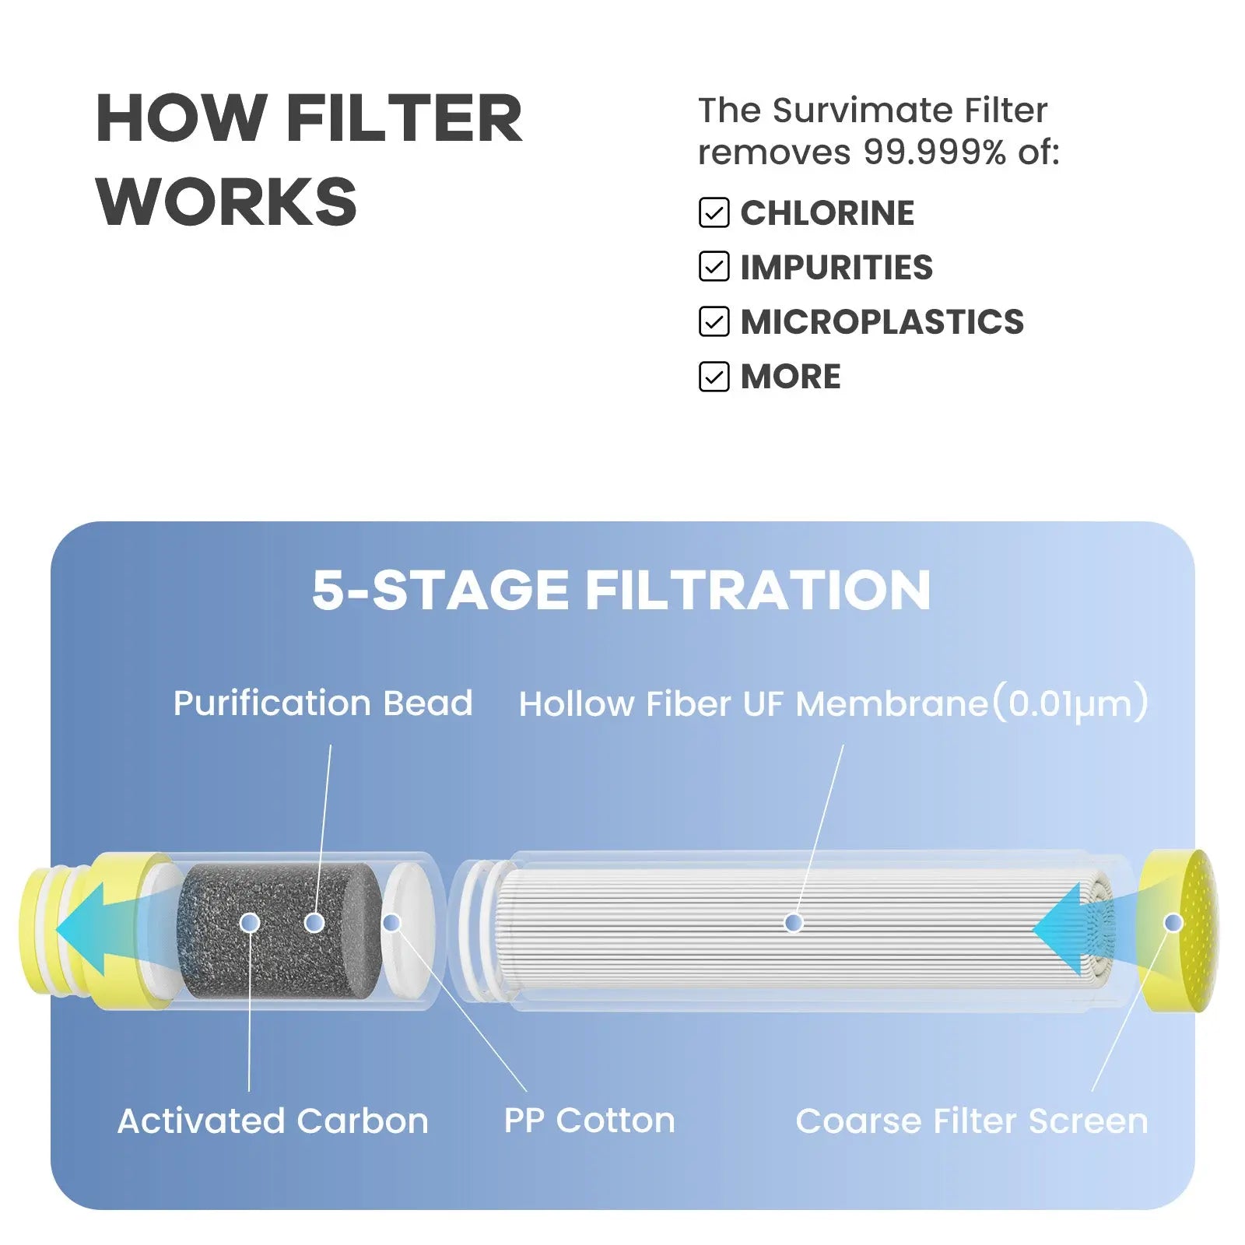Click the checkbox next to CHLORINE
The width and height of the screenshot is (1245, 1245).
point(714,212)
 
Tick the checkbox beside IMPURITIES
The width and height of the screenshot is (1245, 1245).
point(714,267)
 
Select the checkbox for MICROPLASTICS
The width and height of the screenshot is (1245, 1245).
point(714,321)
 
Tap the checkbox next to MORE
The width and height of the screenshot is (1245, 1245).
point(714,377)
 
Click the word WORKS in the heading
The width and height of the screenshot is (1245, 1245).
point(226,202)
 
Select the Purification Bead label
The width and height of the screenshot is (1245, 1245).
point(323,703)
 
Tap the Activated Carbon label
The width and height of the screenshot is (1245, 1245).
point(273,1121)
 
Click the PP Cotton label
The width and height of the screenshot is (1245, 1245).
point(590,1121)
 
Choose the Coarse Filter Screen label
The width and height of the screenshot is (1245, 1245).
point(972,1121)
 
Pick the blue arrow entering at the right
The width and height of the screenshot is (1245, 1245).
point(1078,928)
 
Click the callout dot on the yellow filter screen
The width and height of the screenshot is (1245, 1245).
point(1173,923)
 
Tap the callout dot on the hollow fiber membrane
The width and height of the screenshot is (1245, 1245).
point(794,923)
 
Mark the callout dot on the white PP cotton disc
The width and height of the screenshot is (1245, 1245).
point(392,923)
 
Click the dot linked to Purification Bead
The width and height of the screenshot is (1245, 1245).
point(314,923)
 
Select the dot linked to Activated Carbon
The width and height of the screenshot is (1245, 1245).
point(250,923)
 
